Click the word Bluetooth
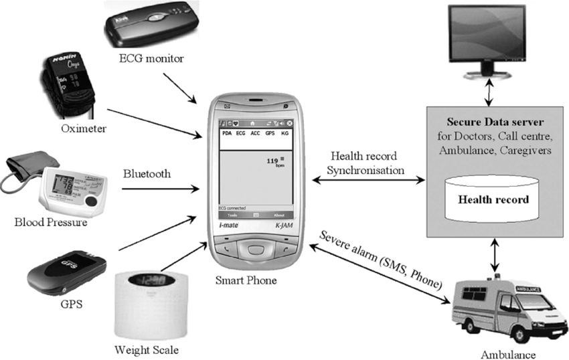(147, 174)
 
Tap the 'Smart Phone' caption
(246, 280)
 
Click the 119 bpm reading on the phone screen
(272, 161)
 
